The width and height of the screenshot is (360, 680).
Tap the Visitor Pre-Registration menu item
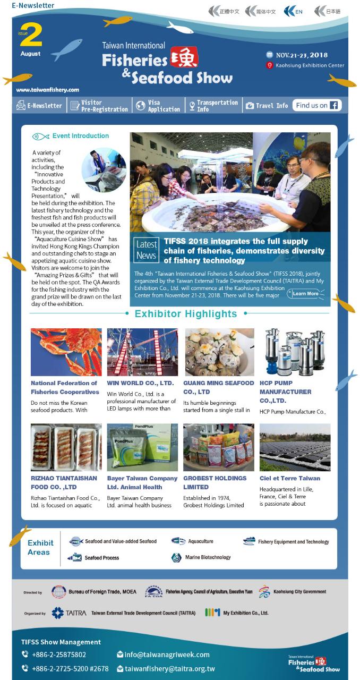[x=99, y=106]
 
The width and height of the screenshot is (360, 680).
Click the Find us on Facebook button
[x=317, y=105]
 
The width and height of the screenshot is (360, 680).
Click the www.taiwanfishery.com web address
[x=48, y=90]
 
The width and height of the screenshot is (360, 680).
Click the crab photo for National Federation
[x=66, y=352]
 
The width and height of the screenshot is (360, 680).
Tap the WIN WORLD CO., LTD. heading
[x=140, y=382]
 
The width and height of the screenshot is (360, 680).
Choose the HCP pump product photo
[x=295, y=352]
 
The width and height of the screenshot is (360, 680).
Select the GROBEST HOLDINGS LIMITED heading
[x=215, y=482]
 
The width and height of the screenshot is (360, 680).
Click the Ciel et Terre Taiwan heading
[x=289, y=478]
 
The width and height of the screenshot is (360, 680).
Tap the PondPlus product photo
[x=142, y=447]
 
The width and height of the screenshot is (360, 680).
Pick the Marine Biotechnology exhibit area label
[x=208, y=557]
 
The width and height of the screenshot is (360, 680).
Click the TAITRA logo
[x=69, y=613]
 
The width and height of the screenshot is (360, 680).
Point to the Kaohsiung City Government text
[x=299, y=591]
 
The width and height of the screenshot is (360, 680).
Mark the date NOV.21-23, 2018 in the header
[x=301, y=55]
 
